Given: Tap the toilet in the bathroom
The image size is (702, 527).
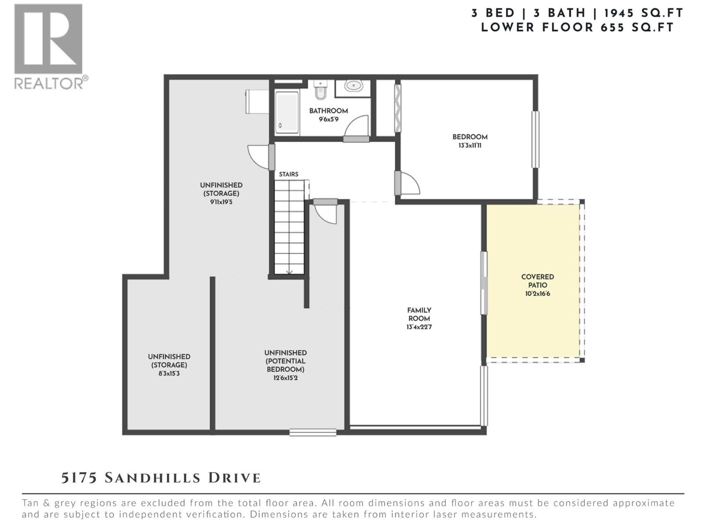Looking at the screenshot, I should [321, 90].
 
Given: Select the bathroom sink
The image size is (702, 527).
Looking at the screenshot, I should [353, 86].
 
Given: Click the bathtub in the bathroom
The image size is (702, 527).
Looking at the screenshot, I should [287, 112].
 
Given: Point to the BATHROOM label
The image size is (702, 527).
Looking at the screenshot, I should [328, 111].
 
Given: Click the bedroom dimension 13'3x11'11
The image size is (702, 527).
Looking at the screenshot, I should [470, 145].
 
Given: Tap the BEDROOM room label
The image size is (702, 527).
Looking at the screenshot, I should [470, 137].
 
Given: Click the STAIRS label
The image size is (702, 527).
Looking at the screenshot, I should [289, 174].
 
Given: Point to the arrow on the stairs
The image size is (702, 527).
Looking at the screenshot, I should [290, 271].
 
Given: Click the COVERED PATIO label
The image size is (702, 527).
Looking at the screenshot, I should [537, 281].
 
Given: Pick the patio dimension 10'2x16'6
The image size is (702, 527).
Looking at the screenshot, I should [537, 294].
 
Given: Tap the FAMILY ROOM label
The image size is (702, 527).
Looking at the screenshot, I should [419, 314].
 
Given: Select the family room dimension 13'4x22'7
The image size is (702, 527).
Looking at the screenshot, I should [419, 327].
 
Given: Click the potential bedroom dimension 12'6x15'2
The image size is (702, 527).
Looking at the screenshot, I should [285, 378].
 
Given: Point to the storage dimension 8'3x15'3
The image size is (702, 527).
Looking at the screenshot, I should [169, 374].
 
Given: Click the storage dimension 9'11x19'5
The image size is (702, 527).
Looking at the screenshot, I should [221, 202].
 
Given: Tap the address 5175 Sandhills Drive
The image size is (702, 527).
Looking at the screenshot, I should [161, 478].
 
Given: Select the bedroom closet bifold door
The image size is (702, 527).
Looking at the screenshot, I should [398, 108].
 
